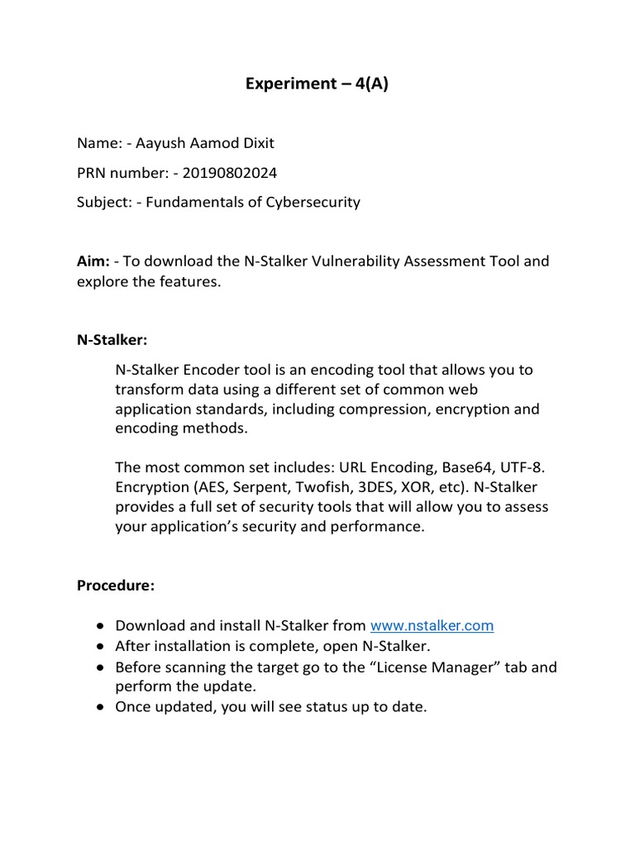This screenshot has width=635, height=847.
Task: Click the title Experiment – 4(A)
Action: (317, 84)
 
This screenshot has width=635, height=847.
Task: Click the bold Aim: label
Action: (93, 261)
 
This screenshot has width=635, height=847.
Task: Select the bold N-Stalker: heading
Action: (112, 340)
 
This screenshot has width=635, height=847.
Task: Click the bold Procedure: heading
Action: (116, 586)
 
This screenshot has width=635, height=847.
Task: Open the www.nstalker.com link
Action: (432, 626)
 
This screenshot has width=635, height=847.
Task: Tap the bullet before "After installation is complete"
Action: (100, 647)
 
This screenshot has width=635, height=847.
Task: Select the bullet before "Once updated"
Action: (100, 708)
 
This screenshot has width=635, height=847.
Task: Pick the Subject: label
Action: (104, 202)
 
